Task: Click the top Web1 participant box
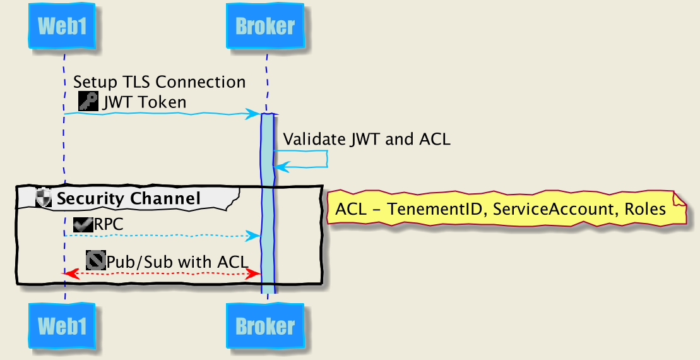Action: pos(62,27)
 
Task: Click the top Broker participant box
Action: pos(265,27)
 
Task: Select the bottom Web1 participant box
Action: pos(62,326)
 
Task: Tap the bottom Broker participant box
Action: pos(265,326)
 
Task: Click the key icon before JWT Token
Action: pos(88,101)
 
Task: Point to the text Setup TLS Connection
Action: pos(159,82)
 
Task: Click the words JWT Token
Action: pos(145,102)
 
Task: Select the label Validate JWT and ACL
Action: pos(366,140)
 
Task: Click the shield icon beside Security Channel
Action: pos(44,198)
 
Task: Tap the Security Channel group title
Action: pos(128,198)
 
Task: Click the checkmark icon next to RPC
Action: pos(83,224)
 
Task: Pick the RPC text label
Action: pos(109,224)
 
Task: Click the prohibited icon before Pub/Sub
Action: pos(95,260)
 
